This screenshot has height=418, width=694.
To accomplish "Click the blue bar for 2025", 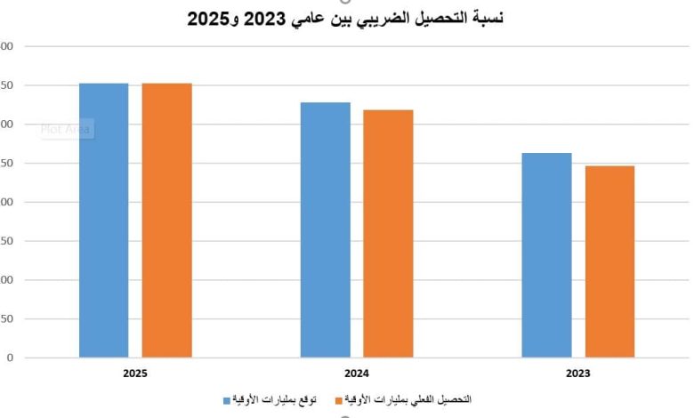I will pyautogui.click(x=103, y=221).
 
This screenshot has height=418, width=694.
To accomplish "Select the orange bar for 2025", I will pyautogui.click(x=166, y=221).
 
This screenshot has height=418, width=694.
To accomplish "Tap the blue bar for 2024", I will pyautogui.click(x=325, y=230).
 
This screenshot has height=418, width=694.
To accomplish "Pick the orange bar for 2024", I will pyautogui.click(x=388, y=234).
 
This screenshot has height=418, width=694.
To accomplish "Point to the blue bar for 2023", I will pyautogui.click(x=546, y=255).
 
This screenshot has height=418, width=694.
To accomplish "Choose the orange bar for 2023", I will pyautogui.click(x=609, y=261).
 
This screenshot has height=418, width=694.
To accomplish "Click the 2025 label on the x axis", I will pyautogui.click(x=135, y=374).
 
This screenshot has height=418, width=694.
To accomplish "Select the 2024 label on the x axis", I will pyautogui.click(x=357, y=374).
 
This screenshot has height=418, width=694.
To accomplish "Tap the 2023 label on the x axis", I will pyautogui.click(x=577, y=374).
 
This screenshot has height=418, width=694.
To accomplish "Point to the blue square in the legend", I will pyautogui.click(x=226, y=400).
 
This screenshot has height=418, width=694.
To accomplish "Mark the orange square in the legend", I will pyautogui.click(x=339, y=400).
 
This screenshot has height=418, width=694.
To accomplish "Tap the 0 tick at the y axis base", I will pyautogui.click(x=9, y=358).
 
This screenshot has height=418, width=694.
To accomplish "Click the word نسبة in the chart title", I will pyautogui.click(x=484, y=17).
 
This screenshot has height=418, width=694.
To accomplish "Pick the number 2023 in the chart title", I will pyautogui.click(x=261, y=17).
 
